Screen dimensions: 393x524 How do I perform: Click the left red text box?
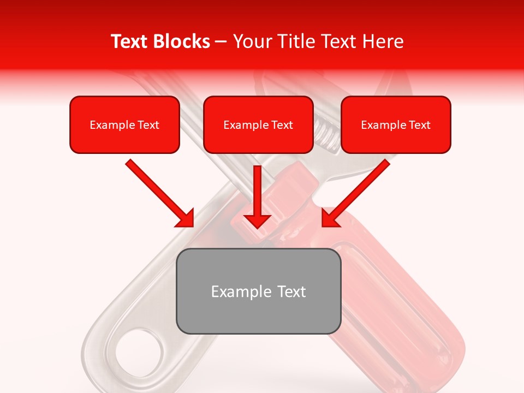[124, 124]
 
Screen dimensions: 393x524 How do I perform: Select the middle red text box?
[258, 124]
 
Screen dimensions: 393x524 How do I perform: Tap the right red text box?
[396, 124]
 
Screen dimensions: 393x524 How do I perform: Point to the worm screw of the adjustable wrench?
[325, 131]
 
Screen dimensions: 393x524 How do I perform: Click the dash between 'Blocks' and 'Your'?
[221, 41]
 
